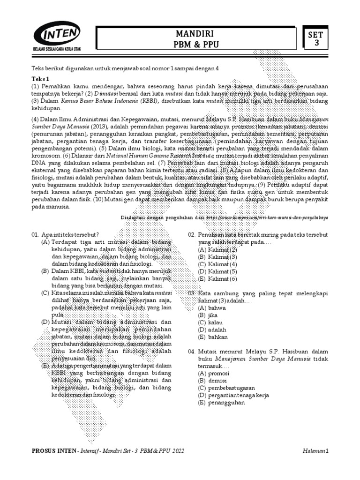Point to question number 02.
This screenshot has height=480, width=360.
[x=191, y=234]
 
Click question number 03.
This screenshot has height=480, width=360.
[x=191, y=293]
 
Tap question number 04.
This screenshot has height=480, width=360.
[x=191, y=351]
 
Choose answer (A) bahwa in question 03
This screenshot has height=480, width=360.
[x=212, y=308]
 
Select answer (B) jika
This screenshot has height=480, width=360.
[x=209, y=315]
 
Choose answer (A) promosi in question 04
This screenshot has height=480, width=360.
[x=213, y=373]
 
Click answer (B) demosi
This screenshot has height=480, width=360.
[x=212, y=381]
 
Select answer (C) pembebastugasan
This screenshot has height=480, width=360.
[x=226, y=388]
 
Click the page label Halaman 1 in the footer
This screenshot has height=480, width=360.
[x=316, y=451]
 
